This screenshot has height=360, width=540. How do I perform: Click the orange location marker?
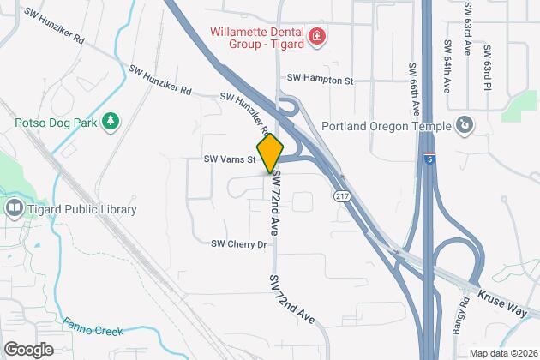270,153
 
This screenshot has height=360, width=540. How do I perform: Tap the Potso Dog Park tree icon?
110,123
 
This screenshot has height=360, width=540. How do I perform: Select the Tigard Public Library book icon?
15,208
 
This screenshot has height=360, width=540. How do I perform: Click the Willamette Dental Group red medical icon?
317,36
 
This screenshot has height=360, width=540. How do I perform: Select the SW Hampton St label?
320,79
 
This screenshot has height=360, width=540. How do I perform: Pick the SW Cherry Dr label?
240,244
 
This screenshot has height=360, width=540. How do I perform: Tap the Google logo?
27,349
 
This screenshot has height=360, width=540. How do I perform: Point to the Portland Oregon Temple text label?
386,127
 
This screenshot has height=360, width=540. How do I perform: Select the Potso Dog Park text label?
52,123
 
